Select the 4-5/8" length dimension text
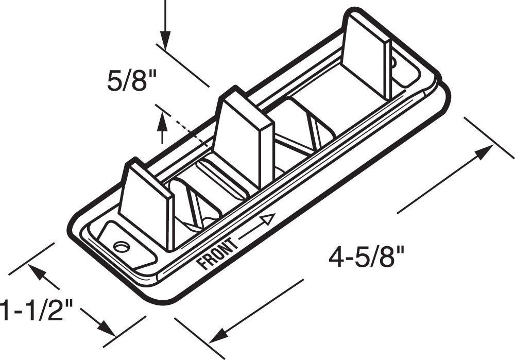[367, 256]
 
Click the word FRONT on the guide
[217, 254]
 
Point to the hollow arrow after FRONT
[266, 220]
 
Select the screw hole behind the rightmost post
[393, 64]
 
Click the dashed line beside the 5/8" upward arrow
[185, 129]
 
